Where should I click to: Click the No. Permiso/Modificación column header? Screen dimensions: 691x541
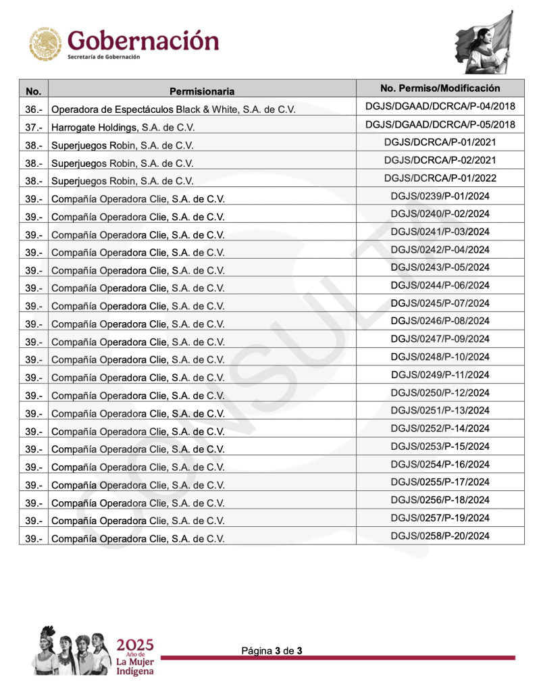pyautogui.click(x=440, y=88)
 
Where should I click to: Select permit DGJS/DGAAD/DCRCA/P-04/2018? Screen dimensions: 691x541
pyautogui.click(x=440, y=107)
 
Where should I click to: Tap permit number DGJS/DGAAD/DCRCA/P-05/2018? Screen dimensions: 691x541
pyautogui.click(x=440, y=124)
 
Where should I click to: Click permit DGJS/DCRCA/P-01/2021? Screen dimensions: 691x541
pyautogui.click(x=440, y=143)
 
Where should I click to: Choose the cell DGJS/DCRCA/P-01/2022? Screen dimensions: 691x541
pyautogui.click(x=440, y=178)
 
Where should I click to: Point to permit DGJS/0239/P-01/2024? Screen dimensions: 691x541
pyautogui.click(x=440, y=196)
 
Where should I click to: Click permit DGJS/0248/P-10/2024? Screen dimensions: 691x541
pyautogui.click(x=440, y=357)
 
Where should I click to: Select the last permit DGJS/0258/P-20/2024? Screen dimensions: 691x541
pyautogui.click(x=440, y=536)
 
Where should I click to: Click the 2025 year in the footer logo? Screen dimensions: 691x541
pyautogui.click(x=135, y=644)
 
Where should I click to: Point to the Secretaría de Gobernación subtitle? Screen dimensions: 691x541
pyautogui.click(x=104, y=57)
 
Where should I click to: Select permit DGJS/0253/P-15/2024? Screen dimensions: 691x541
pyautogui.click(x=440, y=446)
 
